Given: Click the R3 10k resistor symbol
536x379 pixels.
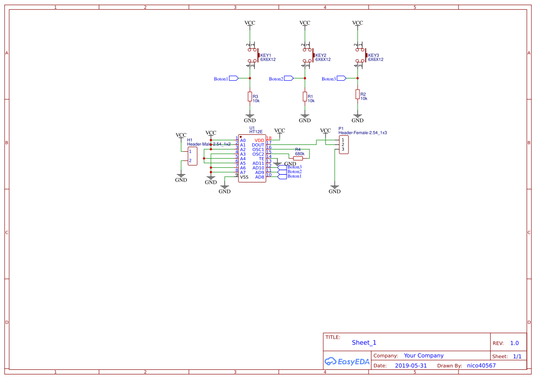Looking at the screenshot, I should [250, 96].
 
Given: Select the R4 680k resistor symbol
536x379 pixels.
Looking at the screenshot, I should [298, 158].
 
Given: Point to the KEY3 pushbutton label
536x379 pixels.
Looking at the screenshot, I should [373, 55].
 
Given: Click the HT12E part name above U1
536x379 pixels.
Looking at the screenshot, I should [256, 132].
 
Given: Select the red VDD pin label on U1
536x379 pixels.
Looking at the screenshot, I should [260, 140].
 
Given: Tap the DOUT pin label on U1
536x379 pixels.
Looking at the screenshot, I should [258, 145].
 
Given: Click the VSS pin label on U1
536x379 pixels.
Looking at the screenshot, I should [244, 177].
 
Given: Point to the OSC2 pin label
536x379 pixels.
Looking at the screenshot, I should [258, 154].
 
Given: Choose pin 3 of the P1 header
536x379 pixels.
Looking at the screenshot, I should [343, 149].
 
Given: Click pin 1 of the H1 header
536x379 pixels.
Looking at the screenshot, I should [190, 151].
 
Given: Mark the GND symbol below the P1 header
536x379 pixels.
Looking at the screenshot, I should [335, 189].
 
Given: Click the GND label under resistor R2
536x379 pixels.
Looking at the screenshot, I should [358, 120].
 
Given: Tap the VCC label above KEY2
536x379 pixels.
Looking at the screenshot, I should [305, 23].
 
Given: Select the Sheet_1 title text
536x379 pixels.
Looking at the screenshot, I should [364, 343].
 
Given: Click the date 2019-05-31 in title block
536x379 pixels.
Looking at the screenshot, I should [411, 366].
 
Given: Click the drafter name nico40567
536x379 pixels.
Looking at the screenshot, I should [481, 366].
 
